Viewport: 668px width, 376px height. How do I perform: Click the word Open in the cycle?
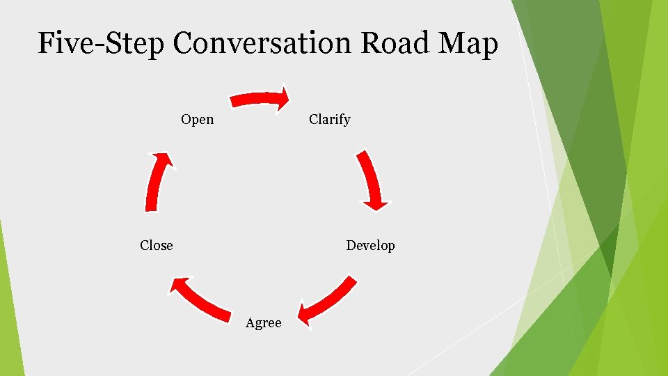(197, 120)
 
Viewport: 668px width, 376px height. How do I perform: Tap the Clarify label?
(329, 120)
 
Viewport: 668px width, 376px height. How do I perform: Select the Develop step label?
(370, 246)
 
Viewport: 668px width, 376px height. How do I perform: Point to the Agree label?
(264, 323)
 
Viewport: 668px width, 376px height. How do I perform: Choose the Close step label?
(157, 245)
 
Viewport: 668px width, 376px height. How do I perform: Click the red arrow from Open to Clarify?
(257, 99)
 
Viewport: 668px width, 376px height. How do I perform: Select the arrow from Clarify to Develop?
(371, 178)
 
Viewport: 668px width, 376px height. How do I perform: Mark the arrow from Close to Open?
(154, 182)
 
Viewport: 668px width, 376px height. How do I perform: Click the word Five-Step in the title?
(101, 43)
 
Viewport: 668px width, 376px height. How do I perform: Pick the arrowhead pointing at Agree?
(305, 312)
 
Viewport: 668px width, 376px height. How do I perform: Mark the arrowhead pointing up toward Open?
(164, 158)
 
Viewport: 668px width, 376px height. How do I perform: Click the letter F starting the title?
(47, 43)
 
